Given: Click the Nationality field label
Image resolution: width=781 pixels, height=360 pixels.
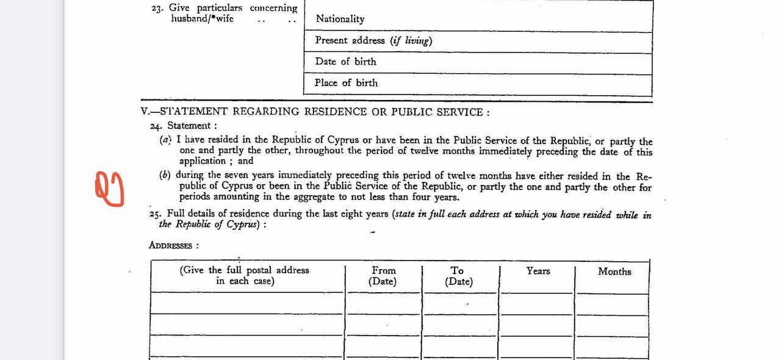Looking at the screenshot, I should (340, 19).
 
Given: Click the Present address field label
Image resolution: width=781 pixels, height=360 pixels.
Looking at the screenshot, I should (373, 40).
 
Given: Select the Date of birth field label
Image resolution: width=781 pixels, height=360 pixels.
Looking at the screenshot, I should (345, 62).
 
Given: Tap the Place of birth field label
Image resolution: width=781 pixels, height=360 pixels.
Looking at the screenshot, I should (346, 83).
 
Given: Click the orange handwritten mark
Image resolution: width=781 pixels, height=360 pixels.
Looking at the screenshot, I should (110, 189).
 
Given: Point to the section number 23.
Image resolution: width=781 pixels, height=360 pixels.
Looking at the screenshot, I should (157, 9).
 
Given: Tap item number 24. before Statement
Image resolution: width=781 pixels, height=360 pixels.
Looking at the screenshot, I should (156, 126).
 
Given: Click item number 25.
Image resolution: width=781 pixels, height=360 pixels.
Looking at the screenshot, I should (156, 214).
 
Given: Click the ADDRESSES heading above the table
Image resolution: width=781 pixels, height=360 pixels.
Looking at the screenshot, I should (170, 246).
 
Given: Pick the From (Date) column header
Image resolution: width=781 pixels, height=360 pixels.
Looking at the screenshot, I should (383, 276).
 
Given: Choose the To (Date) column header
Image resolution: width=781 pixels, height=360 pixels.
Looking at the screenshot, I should (458, 276).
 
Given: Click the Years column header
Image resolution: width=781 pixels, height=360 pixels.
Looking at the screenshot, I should (538, 271).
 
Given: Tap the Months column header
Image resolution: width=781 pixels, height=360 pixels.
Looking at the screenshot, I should (614, 272).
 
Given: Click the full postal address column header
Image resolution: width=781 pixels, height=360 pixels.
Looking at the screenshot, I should (245, 275).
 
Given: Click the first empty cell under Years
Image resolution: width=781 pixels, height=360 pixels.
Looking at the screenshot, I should (537, 303).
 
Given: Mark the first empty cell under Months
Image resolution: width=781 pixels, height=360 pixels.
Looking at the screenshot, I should (613, 303).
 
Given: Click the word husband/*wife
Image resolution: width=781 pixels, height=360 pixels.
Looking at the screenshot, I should (202, 19).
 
